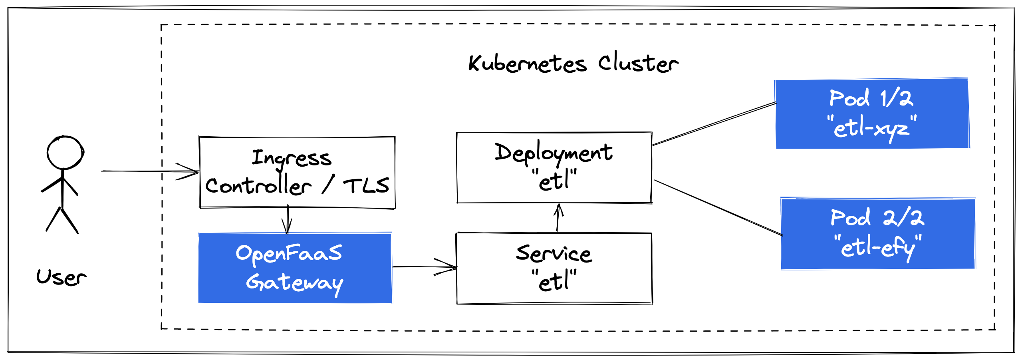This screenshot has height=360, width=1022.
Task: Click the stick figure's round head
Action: point(65,153)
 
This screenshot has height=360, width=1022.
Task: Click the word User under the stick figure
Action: point(61,277)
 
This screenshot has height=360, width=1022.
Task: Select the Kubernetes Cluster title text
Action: point(573,64)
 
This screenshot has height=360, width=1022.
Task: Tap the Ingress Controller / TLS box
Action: point(297,172)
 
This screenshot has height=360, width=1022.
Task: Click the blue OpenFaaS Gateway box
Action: point(295,268)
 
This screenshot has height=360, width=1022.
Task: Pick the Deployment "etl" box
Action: point(554,167)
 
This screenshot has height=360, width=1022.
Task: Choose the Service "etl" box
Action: point(554,268)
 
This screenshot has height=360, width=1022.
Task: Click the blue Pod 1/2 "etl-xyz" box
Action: point(872,114)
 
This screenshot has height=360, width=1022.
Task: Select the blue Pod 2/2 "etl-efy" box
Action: point(878,234)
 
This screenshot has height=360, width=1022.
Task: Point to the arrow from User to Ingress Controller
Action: point(150,171)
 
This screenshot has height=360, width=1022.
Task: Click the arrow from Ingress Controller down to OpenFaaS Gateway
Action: point(288,220)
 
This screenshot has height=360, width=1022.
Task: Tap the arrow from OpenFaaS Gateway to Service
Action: point(424,267)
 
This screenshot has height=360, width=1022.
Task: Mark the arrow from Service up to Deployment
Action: point(558,218)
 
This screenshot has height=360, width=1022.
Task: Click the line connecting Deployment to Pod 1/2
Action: point(714,124)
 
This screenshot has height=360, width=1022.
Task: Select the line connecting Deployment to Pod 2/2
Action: point(718,208)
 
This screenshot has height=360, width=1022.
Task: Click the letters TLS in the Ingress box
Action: point(366,186)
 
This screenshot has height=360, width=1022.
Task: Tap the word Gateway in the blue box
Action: point(295,283)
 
